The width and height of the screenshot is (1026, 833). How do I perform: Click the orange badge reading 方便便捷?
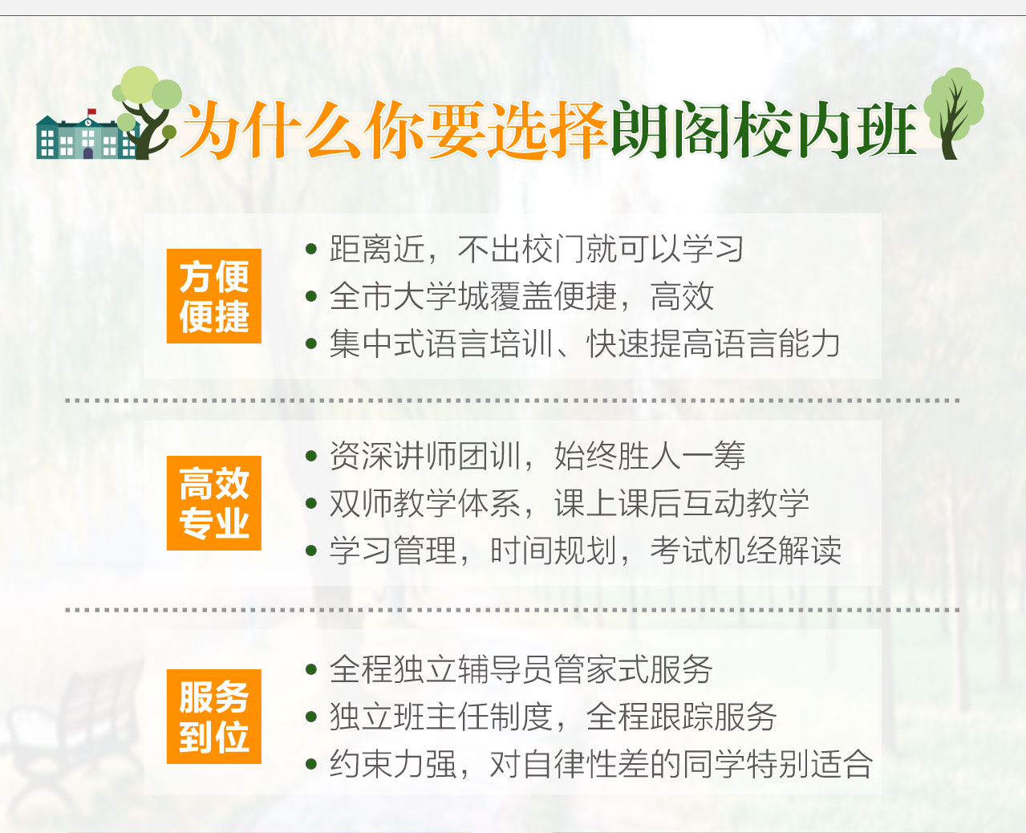pyautogui.click(x=214, y=296)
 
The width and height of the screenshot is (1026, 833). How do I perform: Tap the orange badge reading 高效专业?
pyautogui.click(x=214, y=503)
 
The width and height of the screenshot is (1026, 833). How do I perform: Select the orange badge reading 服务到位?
pyautogui.click(x=214, y=717)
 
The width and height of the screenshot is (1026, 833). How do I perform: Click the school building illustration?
pyautogui.click(x=87, y=136)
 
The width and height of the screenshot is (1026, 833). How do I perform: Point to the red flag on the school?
pyautogui.click(x=91, y=112)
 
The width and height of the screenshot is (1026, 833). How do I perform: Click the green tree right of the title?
pyautogui.click(x=954, y=113)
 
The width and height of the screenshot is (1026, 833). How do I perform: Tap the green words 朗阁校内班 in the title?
pyautogui.click(x=764, y=130)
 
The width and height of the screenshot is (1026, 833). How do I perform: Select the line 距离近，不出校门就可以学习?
pyautogui.click(x=536, y=249)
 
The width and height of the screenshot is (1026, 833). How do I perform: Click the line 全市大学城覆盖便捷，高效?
pyautogui.click(x=521, y=296)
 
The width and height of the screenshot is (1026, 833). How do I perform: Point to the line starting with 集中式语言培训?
pyautogui.click(x=585, y=343)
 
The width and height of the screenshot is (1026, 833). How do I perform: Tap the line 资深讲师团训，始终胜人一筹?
pyautogui.click(x=537, y=455)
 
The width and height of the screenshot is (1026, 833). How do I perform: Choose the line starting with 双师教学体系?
pyautogui.click(x=570, y=503)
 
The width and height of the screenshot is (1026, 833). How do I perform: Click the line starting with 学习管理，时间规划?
pyautogui.click(x=586, y=551)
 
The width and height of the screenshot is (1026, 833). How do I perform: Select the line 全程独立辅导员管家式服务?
pyautogui.click(x=521, y=669)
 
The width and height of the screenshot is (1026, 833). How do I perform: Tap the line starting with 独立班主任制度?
pyautogui.click(x=553, y=717)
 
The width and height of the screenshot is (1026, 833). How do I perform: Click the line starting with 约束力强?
pyautogui.click(x=601, y=764)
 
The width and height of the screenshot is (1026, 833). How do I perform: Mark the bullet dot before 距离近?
pyautogui.click(x=311, y=249)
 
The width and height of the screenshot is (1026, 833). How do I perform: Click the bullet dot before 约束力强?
pyautogui.click(x=311, y=764)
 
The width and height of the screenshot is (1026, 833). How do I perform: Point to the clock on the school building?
pyautogui.click(x=88, y=123)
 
